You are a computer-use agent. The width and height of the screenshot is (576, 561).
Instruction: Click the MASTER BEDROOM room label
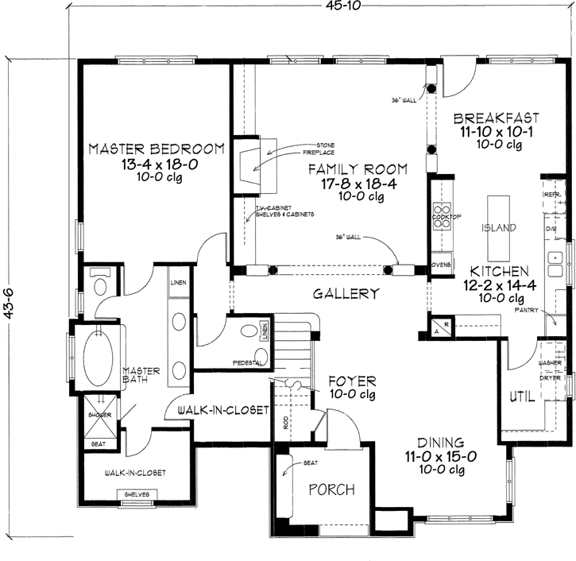click(x=156, y=149)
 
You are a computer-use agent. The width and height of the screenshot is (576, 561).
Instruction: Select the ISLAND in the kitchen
click(x=499, y=228)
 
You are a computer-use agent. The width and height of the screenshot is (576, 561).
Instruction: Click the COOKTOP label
click(x=441, y=215)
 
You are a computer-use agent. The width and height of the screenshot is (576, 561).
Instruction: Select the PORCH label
click(x=331, y=489)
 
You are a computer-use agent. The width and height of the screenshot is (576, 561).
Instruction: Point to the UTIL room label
click(x=520, y=397)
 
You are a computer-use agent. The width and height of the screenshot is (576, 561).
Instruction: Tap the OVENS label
click(x=441, y=264)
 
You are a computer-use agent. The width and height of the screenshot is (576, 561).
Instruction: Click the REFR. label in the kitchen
click(x=553, y=193)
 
